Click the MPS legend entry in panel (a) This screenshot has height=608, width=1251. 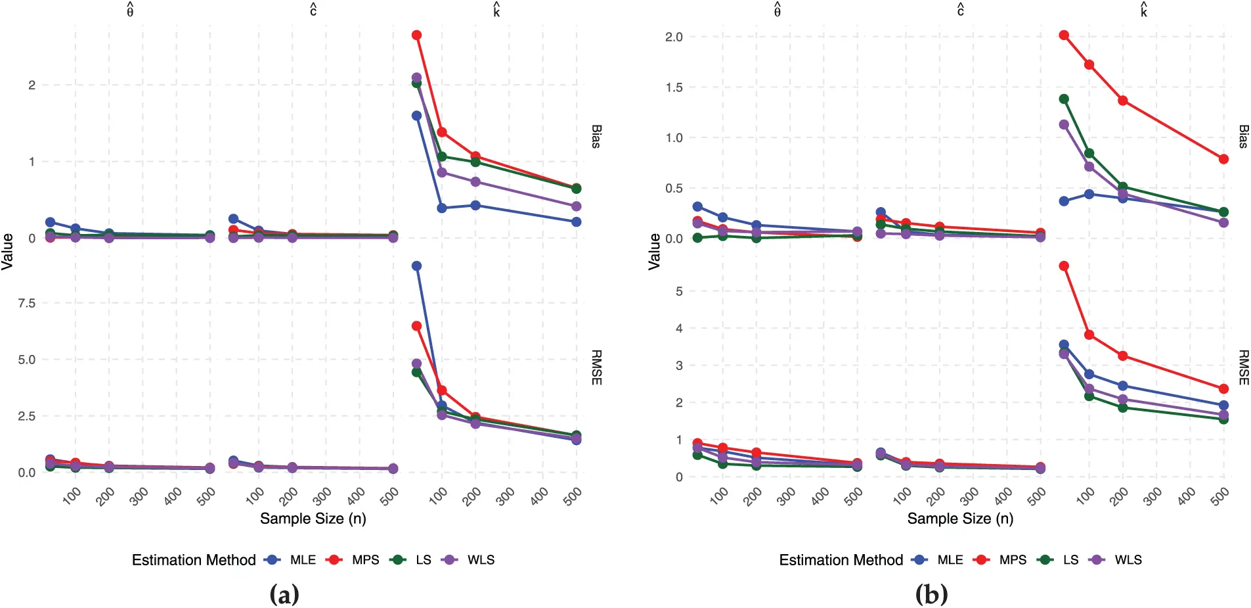tap(364, 560)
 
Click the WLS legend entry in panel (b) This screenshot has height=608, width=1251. tap(1128, 560)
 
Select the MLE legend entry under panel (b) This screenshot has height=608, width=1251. tap(950, 560)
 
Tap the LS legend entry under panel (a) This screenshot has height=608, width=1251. tap(423, 560)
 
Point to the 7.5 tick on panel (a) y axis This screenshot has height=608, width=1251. tap(27, 303)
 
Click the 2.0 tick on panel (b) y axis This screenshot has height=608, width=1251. tap(674, 37)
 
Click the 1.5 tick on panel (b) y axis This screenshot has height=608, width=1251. tap(674, 87)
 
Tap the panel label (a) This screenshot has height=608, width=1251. tap(284, 595)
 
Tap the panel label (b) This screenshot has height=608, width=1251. tap(931, 595)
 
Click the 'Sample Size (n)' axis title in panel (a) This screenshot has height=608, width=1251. tap(313, 519)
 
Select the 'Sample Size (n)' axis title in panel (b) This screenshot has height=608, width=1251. tap(960, 519)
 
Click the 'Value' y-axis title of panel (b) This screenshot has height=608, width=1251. tap(654, 251)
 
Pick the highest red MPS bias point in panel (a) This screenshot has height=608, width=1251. tap(416, 35)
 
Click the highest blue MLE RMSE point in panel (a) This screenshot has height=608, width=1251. tap(416, 266)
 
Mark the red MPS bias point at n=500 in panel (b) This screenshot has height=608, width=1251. tap(1223, 159)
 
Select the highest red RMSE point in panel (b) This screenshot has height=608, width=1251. tap(1064, 266)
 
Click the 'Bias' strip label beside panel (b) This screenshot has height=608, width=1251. tap(1243, 137)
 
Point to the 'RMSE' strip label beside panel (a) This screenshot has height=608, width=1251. tap(596, 367)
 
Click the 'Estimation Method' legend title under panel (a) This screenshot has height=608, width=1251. tap(194, 560)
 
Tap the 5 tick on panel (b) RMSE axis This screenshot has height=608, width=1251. tap(679, 291)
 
